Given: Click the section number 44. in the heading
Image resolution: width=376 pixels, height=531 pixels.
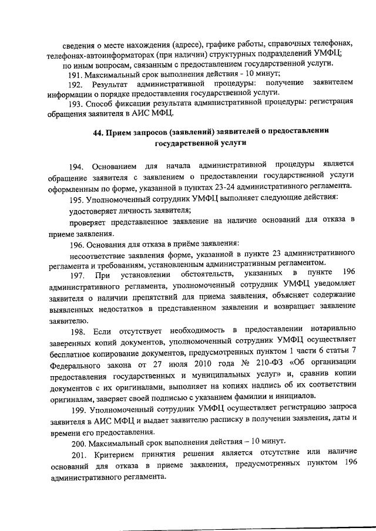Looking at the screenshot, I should pos(99,132).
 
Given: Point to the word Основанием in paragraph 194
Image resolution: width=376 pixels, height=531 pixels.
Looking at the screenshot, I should pos(114,162).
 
